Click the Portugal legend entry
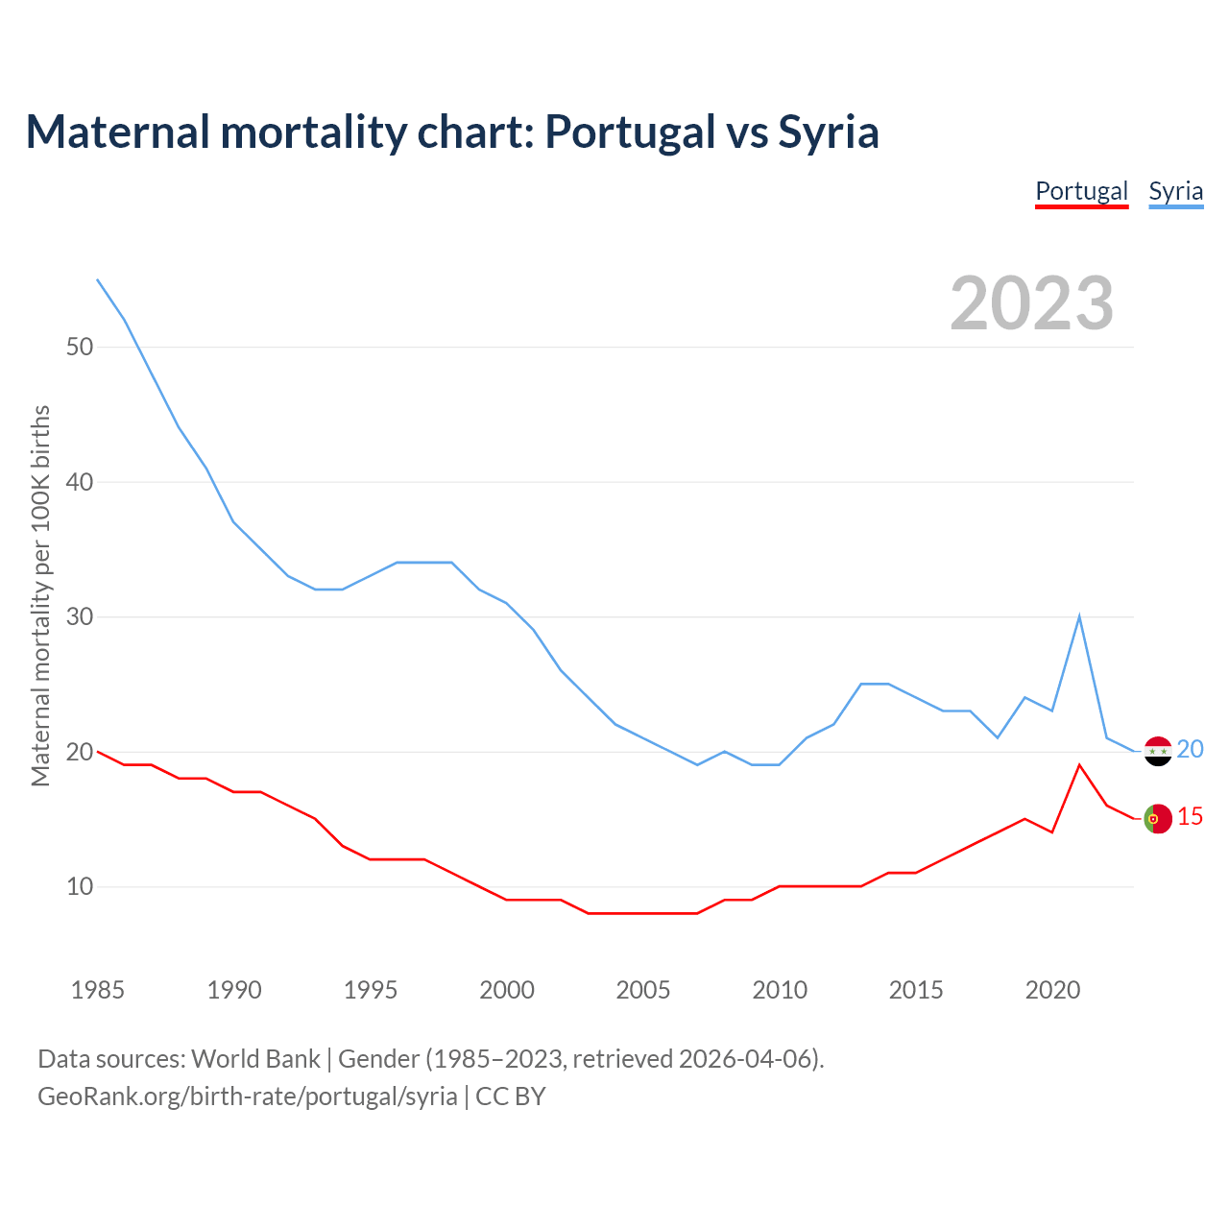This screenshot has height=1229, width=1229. tap(1081, 191)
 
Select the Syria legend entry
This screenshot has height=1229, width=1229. tap(1175, 191)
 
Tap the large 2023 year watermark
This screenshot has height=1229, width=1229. tap(1031, 303)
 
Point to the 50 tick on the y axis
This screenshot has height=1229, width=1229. tap(80, 347)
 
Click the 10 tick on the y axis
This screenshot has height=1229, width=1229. tap(80, 886)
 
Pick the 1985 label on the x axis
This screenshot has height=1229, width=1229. tap(98, 990)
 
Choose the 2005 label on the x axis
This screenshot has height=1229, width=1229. tap(643, 990)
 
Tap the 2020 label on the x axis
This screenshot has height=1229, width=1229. tap(1052, 990)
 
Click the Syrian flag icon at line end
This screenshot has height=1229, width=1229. tap(1158, 751)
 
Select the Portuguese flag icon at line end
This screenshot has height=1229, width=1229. tap(1158, 818)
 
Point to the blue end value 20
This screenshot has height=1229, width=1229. tap(1190, 749)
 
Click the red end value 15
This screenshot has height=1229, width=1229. tap(1190, 816)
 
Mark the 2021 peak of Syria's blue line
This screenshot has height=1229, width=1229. tap(1079, 616)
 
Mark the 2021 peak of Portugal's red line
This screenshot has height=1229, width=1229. tap(1079, 765)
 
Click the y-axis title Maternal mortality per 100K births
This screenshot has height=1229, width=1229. tap(40, 595)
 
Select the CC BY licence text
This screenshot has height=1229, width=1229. tap(511, 1096)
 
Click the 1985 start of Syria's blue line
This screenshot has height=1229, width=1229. tap(98, 279)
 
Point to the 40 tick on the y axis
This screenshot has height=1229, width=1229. tap(80, 482)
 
